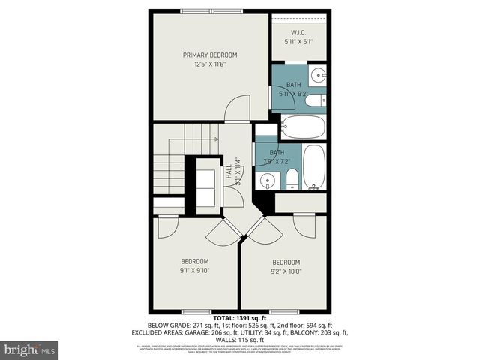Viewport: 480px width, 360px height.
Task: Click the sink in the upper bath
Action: coord(317,74)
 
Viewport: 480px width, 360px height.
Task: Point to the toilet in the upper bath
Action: coord(314,100)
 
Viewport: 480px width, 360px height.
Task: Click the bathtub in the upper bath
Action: coord(304,127)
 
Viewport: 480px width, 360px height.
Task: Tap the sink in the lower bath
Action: coord(267,180)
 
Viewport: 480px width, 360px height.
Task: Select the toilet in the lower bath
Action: coord(292,179)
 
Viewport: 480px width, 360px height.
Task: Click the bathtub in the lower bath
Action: coord(313,166)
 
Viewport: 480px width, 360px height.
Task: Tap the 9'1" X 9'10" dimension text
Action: coord(195,271)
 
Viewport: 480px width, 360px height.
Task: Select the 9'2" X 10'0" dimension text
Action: coord(286,271)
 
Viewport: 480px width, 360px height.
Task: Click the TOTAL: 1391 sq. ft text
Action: coord(239,318)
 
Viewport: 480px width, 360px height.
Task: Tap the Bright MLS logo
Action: coord(29,349)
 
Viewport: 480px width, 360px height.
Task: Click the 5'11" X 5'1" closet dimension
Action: coord(297,42)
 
